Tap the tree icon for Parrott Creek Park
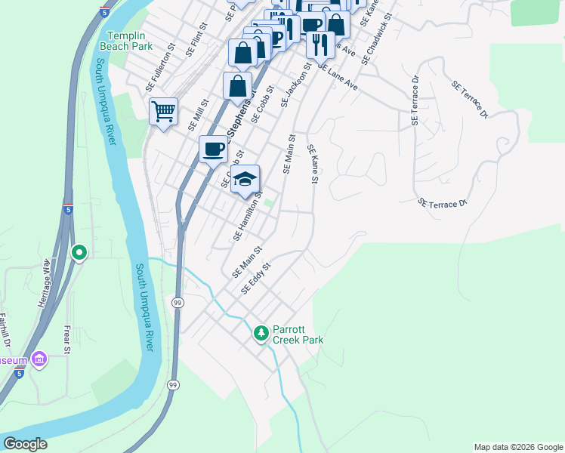[x=261, y=333]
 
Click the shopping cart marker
[x=163, y=112]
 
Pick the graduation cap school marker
[x=244, y=180]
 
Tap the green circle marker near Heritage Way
[x=79, y=253]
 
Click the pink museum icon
[x=39, y=359]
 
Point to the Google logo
[x=25, y=444]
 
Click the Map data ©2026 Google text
[x=517, y=447]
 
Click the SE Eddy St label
[x=255, y=279]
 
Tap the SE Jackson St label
[x=296, y=85]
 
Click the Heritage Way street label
[x=46, y=282]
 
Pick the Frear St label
[x=67, y=339]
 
